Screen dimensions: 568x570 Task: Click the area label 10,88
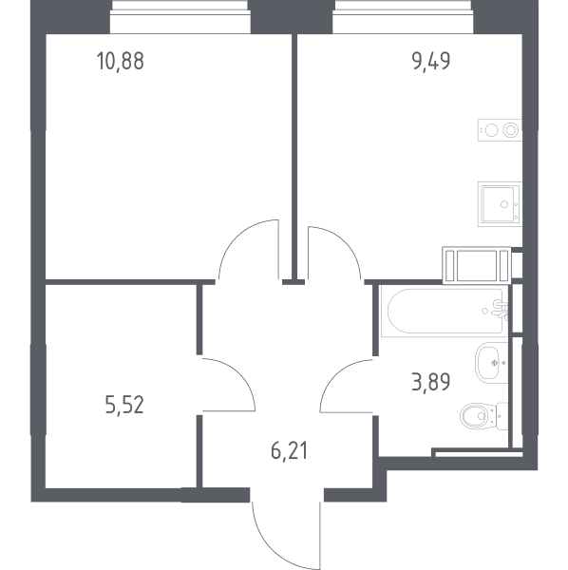tap(121, 61)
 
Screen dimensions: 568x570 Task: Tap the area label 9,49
tap(431, 61)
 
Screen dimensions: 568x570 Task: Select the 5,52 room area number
tap(124, 405)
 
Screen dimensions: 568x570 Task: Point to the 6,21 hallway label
tap(290, 451)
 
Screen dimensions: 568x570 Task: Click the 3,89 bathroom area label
tap(431, 382)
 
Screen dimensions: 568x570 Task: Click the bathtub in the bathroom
tap(445, 312)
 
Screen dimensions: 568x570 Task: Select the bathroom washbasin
tap(491, 363)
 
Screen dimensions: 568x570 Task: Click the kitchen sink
tap(500, 204)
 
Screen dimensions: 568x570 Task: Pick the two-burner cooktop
tap(500, 130)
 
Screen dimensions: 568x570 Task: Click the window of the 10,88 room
tap(180, 17)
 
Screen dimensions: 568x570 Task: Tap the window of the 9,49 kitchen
tap(403, 17)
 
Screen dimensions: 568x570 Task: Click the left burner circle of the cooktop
tap(491, 130)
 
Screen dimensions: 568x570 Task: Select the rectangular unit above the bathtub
tap(477, 265)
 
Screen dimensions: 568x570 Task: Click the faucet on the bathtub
tap(500, 310)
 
